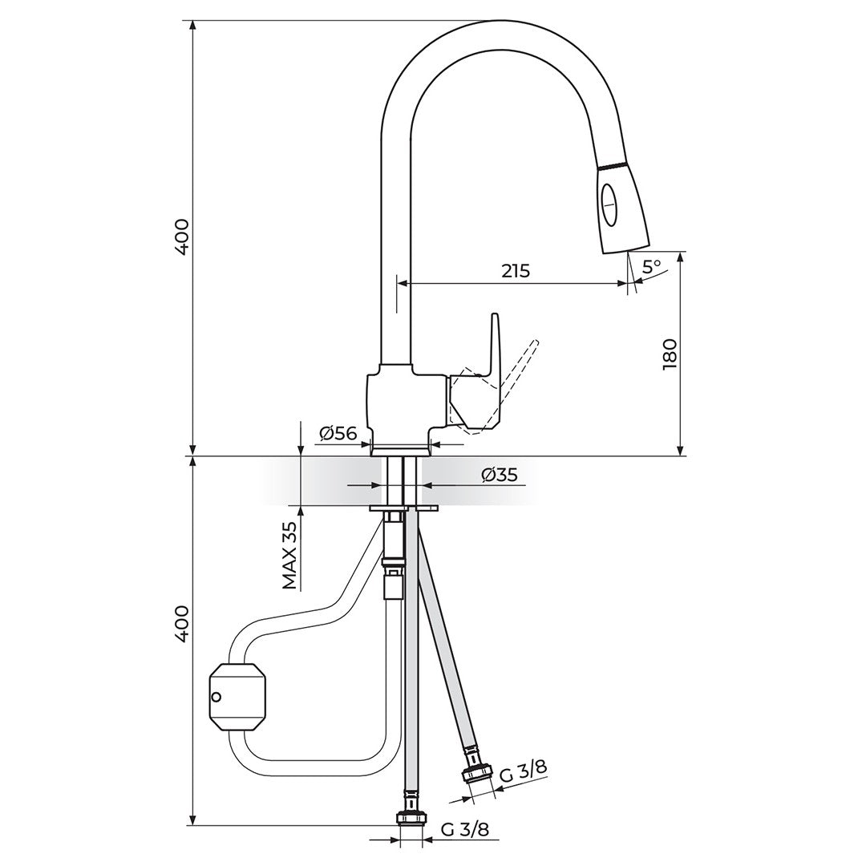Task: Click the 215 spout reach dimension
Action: (516, 271)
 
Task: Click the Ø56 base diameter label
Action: (338, 433)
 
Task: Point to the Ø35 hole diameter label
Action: (500, 474)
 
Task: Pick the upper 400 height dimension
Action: (182, 237)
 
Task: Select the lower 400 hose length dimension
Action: (182, 624)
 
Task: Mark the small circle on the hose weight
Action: (216, 698)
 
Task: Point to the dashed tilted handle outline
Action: (497, 386)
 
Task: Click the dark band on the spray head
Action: (613, 166)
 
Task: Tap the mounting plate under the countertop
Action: (403, 508)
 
